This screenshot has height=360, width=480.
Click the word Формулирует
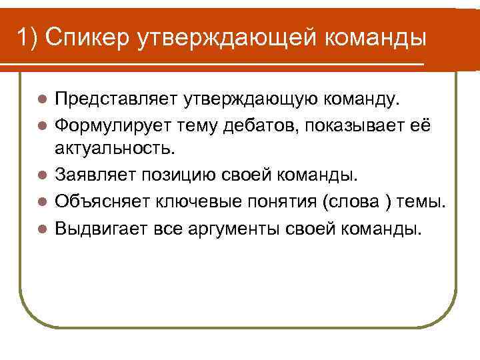(107, 125)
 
